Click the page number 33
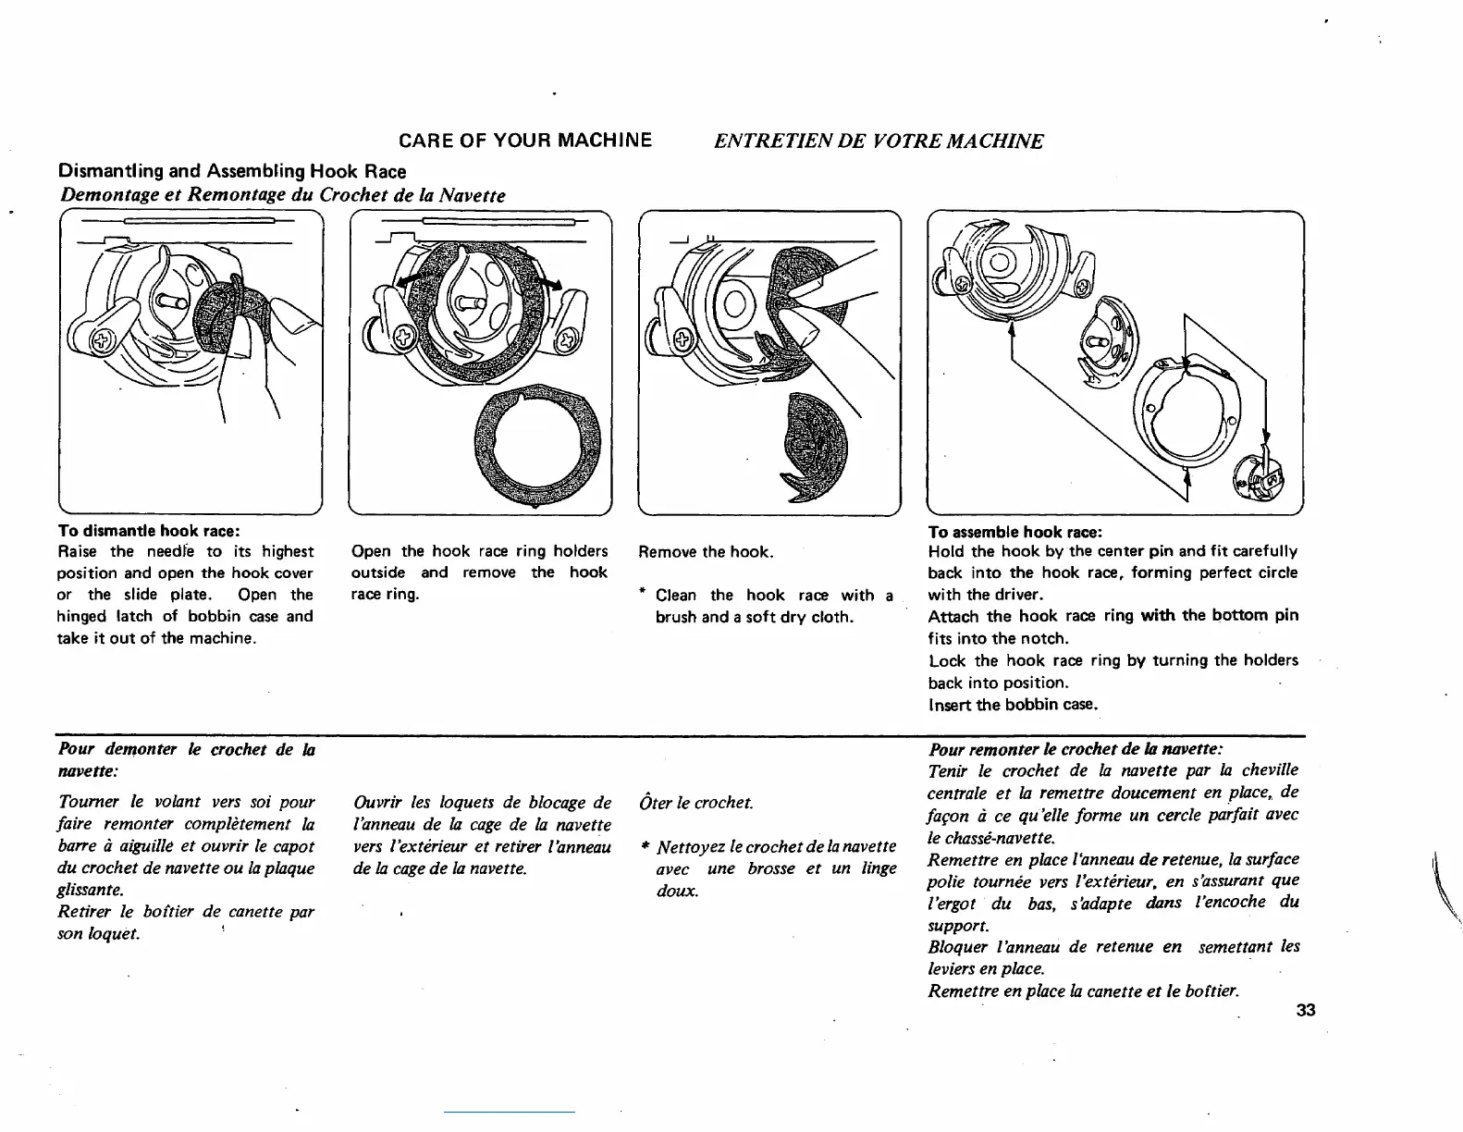1305,1009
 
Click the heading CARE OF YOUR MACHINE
524,141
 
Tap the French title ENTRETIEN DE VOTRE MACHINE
878,141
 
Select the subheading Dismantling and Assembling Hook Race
232,171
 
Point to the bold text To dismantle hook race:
149,531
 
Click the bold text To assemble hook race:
1014,532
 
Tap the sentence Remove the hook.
706,552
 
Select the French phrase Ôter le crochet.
696,803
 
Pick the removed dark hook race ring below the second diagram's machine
537,445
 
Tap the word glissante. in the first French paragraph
90,890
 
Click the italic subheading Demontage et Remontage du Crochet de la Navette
282,195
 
